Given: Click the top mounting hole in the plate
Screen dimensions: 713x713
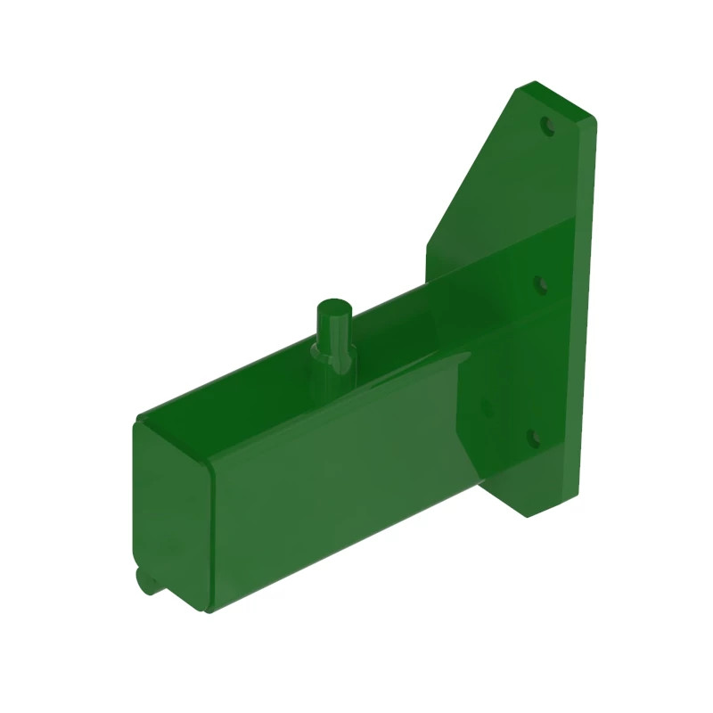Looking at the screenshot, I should (x=548, y=126).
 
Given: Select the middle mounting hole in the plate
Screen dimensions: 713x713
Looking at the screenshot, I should (x=540, y=284).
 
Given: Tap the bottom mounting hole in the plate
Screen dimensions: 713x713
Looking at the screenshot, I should (x=532, y=438).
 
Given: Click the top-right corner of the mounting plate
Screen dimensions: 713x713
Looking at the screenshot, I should (x=592, y=116).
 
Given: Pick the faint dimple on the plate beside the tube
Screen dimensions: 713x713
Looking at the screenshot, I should (x=487, y=406).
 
